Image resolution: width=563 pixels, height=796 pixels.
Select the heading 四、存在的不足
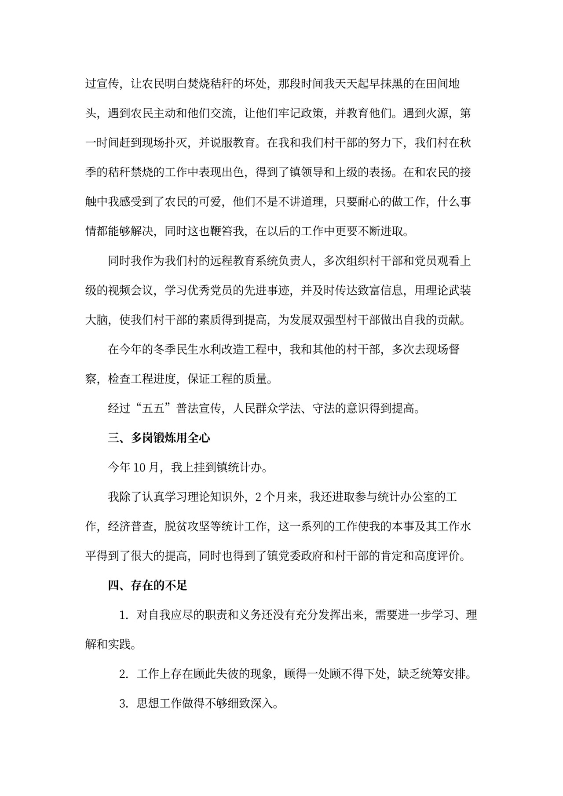tap(148, 585)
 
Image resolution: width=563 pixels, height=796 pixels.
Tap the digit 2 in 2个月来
tap(258, 497)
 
